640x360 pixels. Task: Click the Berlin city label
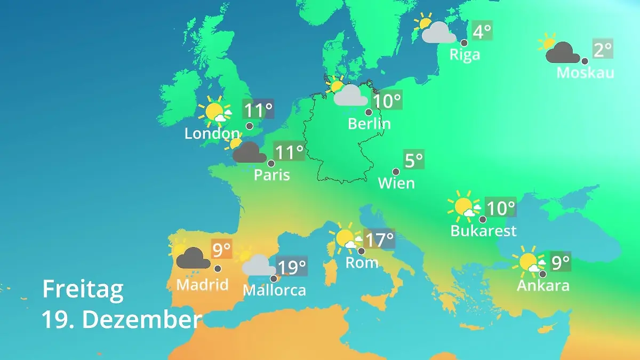pyautogui.click(x=369, y=124)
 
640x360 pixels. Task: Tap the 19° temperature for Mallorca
pyautogui.click(x=292, y=266)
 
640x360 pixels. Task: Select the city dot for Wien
pyautogui.click(x=396, y=172)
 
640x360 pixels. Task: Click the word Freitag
pyautogui.click(x=83, y=290)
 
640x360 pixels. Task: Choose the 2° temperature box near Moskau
pyautogui.click(x=603, y=50)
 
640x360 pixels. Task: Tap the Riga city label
pyautogui.click(x=465, y=54)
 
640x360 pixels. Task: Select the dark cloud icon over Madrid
pyautogui.click(x=193, y=258)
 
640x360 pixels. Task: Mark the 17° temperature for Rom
pyautogui.click(x=379, y=239)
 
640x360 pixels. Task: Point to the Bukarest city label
pyautogui.click(x=483, y=231)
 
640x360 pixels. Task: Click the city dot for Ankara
pyautogui.click(x=542, y=274)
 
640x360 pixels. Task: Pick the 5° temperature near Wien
pyautogui.click(x=414, y=159)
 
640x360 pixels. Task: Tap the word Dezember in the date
pyautogui.click(x=142, y=319)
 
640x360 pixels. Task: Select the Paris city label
pyautogui.click(x=271, y=175)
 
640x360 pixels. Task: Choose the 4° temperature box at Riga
pyautogui.click(x=482, y=31)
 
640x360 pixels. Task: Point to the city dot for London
pyautogui.click(x=249, y=126)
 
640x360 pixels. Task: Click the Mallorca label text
pyautogui.click(x=274, y=290)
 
